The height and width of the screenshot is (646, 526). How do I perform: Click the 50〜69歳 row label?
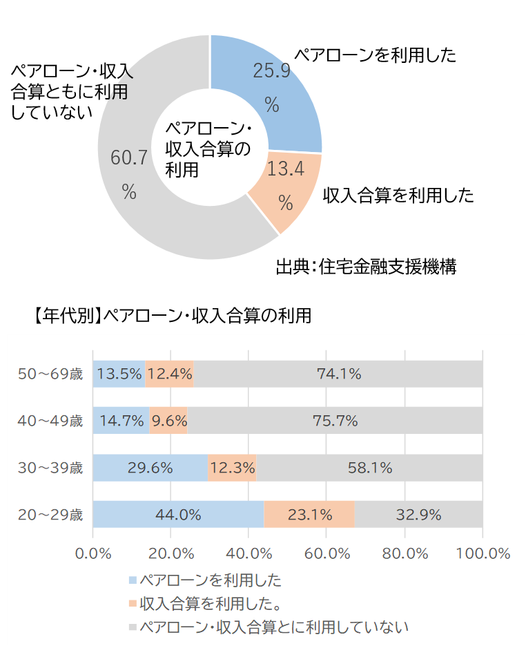[x=50, y=374]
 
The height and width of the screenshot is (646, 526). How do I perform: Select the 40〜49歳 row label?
[x=50, y=420]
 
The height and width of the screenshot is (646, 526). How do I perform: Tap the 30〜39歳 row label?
[x=50, y=468]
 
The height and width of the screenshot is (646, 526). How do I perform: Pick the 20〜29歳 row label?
[x=50, y=514]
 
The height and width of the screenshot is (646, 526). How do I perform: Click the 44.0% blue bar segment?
[x=178, y=514]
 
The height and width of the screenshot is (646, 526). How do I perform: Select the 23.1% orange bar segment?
[x=309, y=514]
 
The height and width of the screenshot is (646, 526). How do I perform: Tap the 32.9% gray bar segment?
[x=418, y=514]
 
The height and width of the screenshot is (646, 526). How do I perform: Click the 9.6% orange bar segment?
[x=168, y=420]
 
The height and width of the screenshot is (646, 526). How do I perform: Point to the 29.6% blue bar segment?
[x=150, y=468]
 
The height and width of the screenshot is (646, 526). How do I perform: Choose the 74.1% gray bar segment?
[x=339, y=374]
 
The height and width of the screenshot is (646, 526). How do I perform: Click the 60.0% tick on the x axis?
[x=327, y=553]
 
